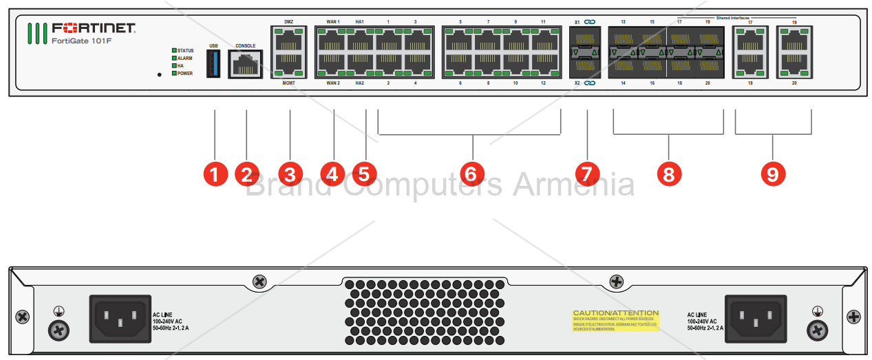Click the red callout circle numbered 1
point(215,173)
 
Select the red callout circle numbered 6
point(472,173)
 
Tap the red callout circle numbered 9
point(772,173)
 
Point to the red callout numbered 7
point(586,173)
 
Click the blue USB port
point(213,65)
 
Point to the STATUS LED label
point(185,51)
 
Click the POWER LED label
point(185,73)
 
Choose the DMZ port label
point(288,22)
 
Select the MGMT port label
point(288,83)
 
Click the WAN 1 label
point(333,22)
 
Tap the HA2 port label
point(360,83)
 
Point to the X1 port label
point(577,22)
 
